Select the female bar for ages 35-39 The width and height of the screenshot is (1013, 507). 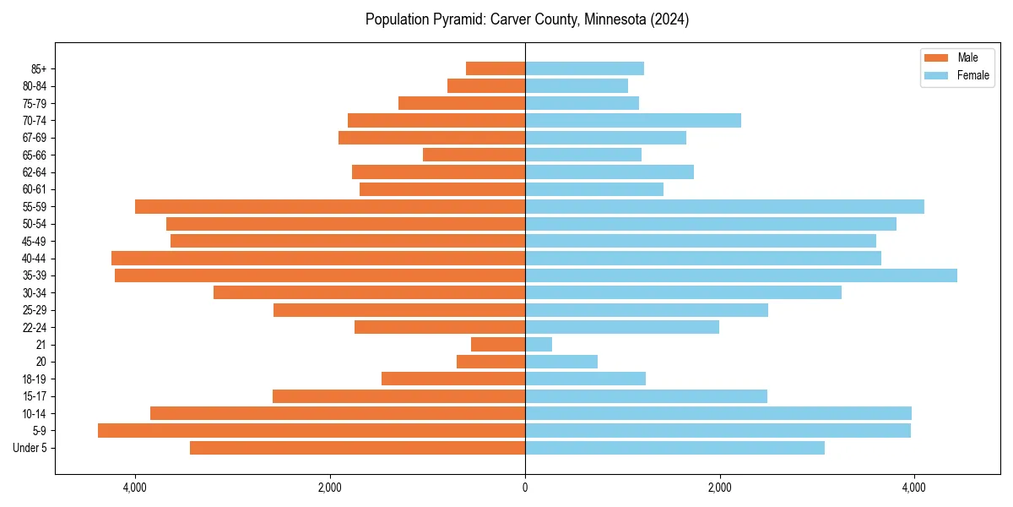741,275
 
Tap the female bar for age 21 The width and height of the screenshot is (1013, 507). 539,345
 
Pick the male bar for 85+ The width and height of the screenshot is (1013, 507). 496,68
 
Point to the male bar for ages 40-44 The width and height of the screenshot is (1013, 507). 318,259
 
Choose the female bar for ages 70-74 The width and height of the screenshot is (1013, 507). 633,121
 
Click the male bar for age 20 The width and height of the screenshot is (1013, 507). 490,362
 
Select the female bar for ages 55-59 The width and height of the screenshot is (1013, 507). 724,207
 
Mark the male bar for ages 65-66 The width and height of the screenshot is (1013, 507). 474,155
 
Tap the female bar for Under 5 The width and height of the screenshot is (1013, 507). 674,448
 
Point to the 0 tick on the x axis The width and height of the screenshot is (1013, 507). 525,488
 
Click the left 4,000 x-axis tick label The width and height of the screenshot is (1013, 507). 134,488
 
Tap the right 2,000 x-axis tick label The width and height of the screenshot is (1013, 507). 719,488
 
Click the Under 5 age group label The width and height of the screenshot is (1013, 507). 30,448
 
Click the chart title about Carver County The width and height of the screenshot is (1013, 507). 527,19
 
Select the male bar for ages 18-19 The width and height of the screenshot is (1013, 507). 453,379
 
